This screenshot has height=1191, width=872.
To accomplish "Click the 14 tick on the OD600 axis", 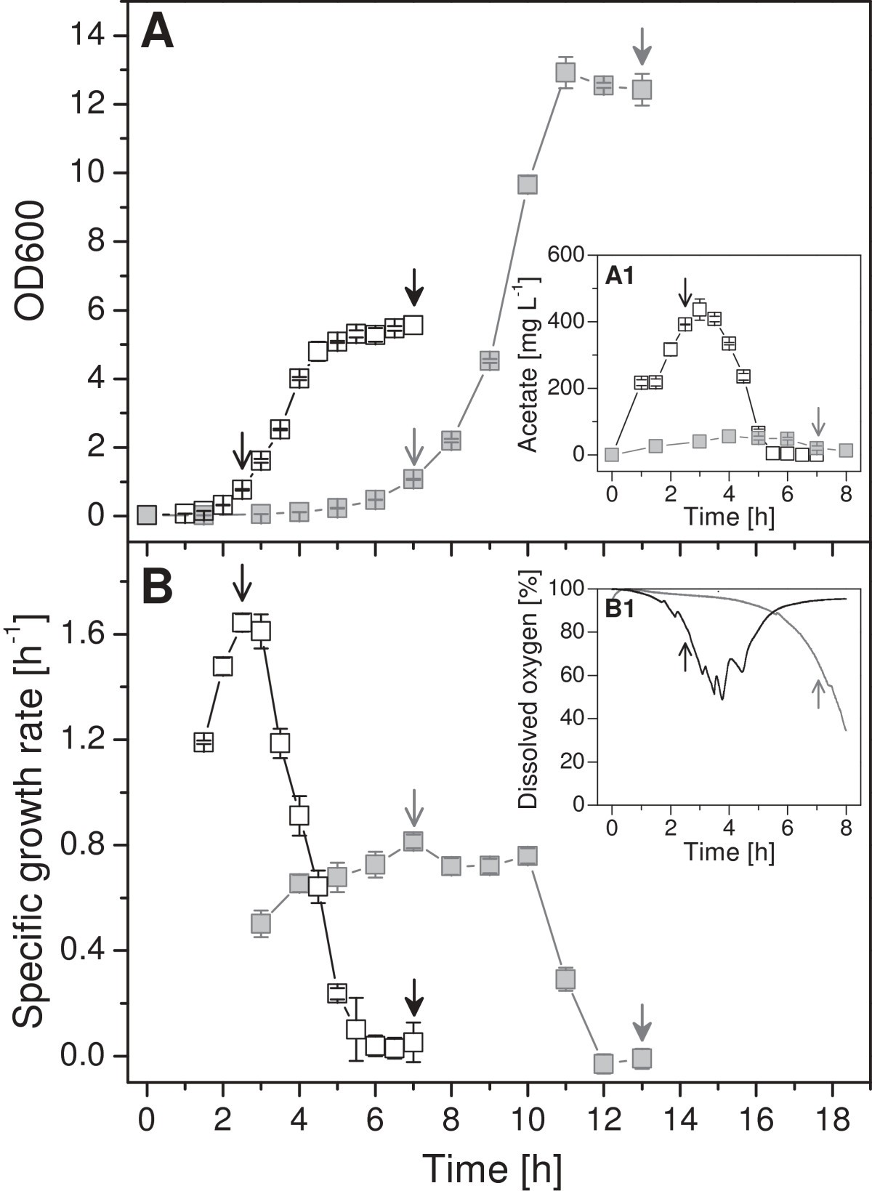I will [x=86, y=35].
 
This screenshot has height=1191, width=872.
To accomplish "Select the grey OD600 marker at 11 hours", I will [x=565, y=72].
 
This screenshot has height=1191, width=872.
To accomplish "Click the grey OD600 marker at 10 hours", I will [x=528, y=185].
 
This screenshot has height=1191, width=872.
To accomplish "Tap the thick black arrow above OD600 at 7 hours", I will [x=413, y=286].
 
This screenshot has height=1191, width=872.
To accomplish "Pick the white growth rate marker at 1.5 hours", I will [x=203, y=742].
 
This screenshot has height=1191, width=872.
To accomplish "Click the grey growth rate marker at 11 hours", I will [x=565, y=979].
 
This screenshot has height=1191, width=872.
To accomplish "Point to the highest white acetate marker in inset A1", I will [x=700, y=309].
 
